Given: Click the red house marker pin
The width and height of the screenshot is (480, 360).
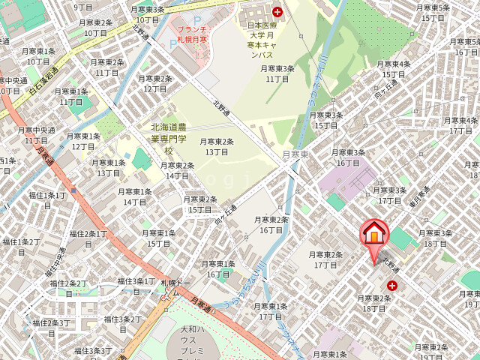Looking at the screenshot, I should coord(373,235).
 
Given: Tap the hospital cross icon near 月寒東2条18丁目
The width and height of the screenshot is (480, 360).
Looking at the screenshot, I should coord(392,286).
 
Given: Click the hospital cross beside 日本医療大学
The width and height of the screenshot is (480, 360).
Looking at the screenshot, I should coord(278,12).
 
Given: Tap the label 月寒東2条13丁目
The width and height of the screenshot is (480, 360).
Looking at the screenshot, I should coord(216,146).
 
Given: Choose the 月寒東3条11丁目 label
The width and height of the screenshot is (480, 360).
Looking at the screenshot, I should coord(277,73).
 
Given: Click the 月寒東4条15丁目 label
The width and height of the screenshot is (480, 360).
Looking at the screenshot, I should coord(394,69).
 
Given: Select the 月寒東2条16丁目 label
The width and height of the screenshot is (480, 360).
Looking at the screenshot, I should coord(271,224).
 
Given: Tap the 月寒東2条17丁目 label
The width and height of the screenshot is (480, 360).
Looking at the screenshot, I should coord(326,259).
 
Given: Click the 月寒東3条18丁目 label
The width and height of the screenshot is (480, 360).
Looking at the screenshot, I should coord(436,238).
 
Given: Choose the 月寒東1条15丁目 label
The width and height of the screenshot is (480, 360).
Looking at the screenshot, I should coord(159,238).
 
